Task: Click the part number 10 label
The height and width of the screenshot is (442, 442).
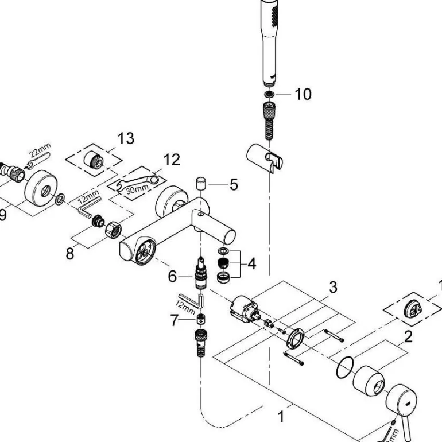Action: coord(303,94)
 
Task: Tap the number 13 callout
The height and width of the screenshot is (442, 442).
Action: coord(126,138)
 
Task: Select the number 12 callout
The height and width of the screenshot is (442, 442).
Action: coord(171,160)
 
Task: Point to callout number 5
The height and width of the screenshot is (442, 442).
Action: coord(233,185)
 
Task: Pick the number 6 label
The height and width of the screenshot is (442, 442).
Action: coord(173,277)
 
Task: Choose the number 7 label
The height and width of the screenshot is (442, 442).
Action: coord(175,321)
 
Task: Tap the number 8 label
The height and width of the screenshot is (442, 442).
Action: coord(70,254)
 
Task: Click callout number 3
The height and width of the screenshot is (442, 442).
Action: coord(332,286)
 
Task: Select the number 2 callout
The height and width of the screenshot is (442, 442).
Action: coord(408,336)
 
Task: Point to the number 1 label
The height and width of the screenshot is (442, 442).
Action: coord(281,417)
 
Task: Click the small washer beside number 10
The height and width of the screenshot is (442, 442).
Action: coord(270,94)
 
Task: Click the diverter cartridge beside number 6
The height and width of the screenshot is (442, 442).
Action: coord(200,272)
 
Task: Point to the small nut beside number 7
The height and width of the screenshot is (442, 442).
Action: coord(200,320)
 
